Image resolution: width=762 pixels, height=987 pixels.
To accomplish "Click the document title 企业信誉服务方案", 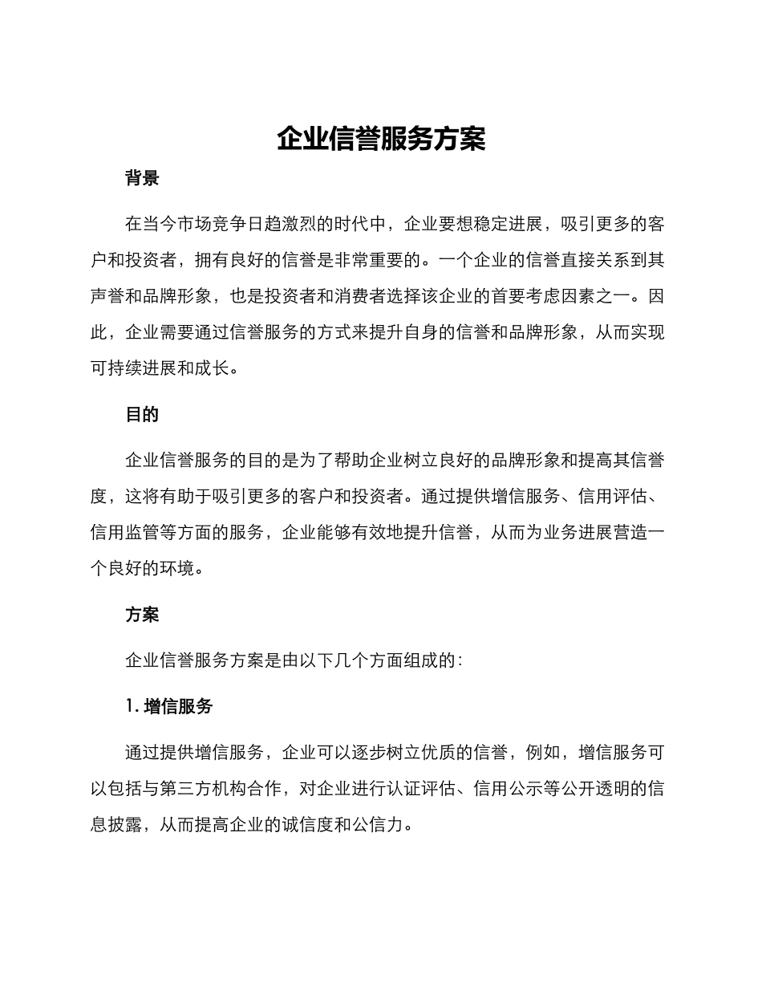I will (381, 139).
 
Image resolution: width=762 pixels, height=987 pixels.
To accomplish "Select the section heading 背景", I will (142, 179).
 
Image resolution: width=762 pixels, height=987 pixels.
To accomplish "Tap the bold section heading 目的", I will (142, 415).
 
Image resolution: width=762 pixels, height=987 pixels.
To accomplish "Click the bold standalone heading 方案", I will (142, 615).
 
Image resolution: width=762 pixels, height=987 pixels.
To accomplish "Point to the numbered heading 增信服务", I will (178, 707).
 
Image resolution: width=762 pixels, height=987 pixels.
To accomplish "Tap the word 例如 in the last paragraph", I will (542, 753).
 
